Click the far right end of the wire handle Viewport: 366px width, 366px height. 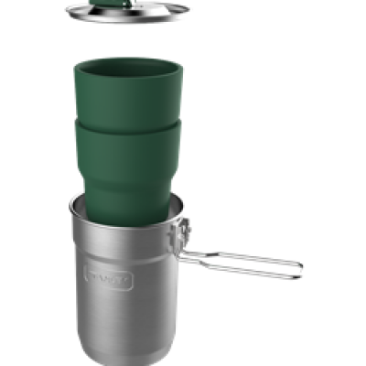299,266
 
